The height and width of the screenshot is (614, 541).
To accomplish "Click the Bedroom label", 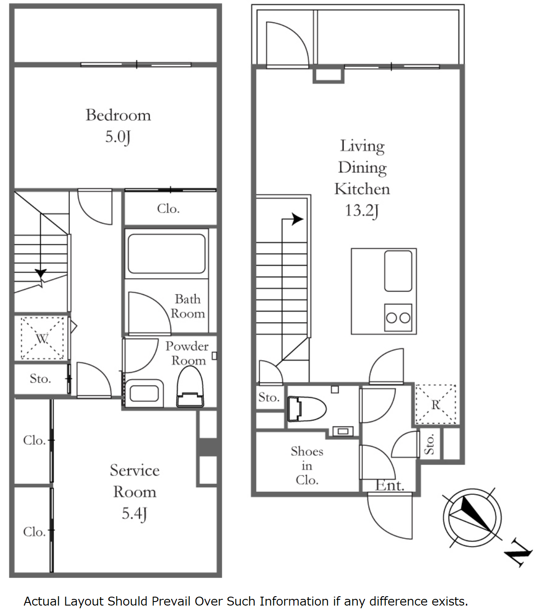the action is point(118,115).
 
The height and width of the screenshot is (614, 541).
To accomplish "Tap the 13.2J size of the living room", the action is point(362,211).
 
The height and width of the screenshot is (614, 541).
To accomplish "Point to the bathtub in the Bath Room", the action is point(166,254).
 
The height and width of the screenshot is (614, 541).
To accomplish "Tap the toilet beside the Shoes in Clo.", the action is point(307,409).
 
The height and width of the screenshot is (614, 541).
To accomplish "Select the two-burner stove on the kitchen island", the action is point(398,317).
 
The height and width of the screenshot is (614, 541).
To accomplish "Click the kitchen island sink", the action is point(398,271).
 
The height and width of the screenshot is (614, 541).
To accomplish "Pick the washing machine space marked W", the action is point(42,338).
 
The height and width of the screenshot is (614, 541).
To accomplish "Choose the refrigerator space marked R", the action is point(436,404).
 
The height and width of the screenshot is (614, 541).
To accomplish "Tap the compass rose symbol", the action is point(472,518).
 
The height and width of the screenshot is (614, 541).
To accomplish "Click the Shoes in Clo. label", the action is point(307,466).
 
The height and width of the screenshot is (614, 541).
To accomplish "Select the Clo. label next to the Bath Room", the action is point(168,209).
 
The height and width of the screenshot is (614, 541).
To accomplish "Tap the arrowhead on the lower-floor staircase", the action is point(40,273).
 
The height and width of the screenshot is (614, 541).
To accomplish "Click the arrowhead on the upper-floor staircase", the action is point(297,219).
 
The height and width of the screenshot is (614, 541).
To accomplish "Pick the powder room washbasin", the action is point(144,393).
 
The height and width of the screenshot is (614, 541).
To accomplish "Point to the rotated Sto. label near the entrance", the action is point(429,444).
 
